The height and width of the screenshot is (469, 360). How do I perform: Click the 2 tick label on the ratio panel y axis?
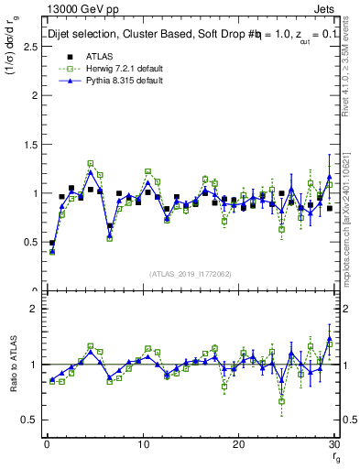click(33, 309)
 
